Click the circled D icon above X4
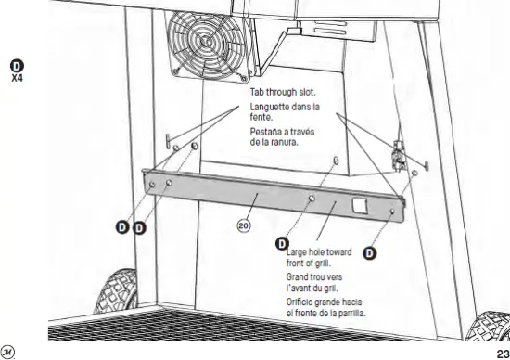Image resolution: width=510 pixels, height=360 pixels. tap(16, 64)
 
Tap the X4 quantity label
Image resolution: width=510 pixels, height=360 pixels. tap(16, 78)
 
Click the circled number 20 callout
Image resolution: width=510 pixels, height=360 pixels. tap(243, 224)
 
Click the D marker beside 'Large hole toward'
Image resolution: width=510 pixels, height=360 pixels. tap(284, 244)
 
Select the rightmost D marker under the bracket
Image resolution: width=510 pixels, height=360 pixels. tap(369, 251)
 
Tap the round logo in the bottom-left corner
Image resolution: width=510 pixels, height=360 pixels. tap(9, 351)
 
